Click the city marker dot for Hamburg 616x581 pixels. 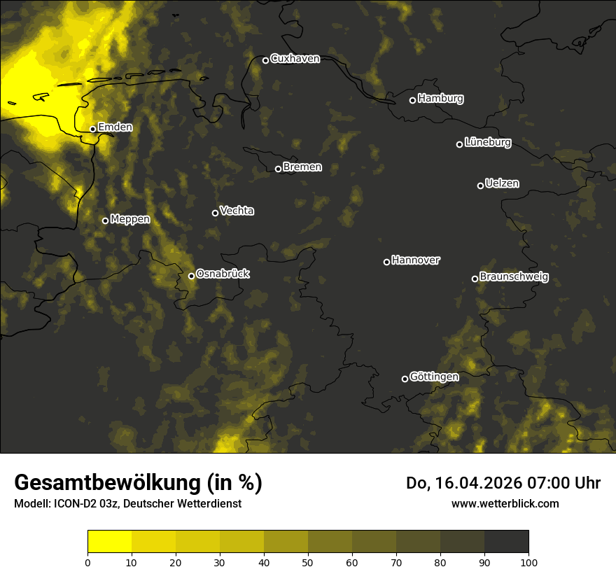412,100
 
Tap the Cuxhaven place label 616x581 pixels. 295,59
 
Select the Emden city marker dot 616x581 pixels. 92,129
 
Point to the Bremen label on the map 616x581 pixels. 302,167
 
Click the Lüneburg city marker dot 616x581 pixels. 459,144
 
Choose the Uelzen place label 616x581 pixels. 502,183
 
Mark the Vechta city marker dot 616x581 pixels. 215,213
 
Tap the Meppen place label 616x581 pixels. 130,219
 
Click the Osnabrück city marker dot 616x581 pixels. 191,276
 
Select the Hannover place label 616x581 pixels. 416,260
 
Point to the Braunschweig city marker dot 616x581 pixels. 475,279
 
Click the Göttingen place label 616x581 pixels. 434,377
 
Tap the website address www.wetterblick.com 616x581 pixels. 505,503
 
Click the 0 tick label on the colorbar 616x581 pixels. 87,562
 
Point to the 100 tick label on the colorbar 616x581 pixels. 528,562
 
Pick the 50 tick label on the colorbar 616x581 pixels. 308,562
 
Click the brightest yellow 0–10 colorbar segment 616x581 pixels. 109,542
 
